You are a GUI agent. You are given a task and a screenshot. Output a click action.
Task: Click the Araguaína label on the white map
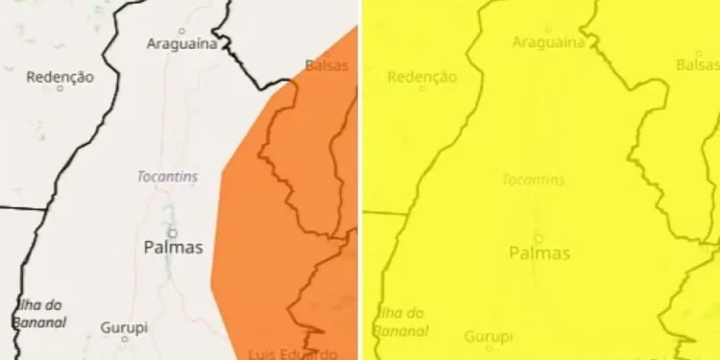(x=180, y=43)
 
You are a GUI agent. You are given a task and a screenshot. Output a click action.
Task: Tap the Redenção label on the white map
(x=60, y=77)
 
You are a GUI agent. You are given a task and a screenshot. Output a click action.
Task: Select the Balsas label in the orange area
(x=326, y=65)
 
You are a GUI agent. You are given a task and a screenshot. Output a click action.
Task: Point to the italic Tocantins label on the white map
(x=168, y=178)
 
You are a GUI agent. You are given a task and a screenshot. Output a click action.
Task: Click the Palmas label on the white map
(x=173, y=248)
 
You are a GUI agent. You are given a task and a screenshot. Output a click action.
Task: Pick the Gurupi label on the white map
(x=125, y=327)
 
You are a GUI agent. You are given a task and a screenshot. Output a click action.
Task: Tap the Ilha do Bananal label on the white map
(x=40, y=314)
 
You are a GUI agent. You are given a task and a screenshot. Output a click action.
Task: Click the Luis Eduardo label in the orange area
(x=292, y=352)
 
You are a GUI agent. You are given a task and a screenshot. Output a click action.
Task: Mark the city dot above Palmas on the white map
(x=173, y=231)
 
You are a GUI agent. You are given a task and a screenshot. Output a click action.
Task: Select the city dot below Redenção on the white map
(x=60, y=88)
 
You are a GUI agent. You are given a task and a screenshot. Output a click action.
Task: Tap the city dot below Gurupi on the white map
(x=124, y=339)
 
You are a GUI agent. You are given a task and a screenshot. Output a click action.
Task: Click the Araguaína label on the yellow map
(x=548, y=42)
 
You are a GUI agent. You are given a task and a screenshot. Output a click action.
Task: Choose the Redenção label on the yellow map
(x=422, y=77)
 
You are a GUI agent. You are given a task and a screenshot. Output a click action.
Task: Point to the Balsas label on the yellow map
(x=697, y=64)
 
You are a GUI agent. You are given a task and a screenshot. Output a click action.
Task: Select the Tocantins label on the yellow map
(x=533, y=180)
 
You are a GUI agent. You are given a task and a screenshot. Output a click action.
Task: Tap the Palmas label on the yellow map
(x=539, y=253)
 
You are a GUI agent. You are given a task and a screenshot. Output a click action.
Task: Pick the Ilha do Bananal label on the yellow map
(x=401, y=321)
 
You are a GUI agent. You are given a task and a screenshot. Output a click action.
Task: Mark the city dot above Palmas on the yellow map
(x=539, y=237)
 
